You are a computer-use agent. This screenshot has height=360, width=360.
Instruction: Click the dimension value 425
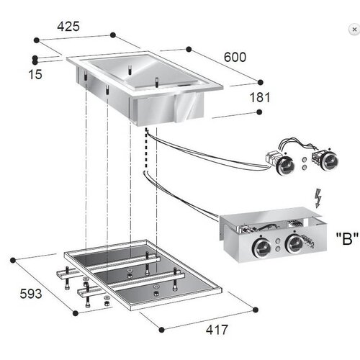pyautogui.click(x=69, y=27)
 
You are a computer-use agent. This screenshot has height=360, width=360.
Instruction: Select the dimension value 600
pyautogui.click(x=235, y=57)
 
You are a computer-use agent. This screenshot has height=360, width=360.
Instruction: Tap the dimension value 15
pyautogui.click(x=15, y=74)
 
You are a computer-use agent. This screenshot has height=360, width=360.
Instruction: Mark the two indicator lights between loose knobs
pyautogui.click(x=306, y=162)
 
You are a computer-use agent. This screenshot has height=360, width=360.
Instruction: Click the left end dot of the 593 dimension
pyautogui.click(x=14, y=257)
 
